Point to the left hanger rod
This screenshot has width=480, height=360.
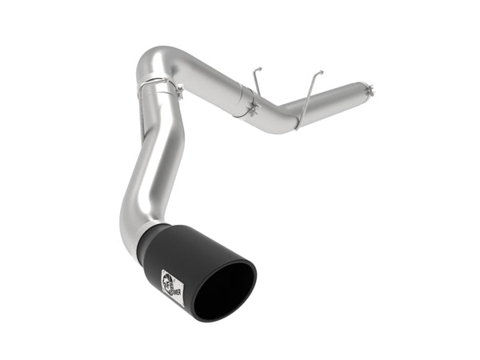[254, 88]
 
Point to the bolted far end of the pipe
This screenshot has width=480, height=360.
[367, 88]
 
